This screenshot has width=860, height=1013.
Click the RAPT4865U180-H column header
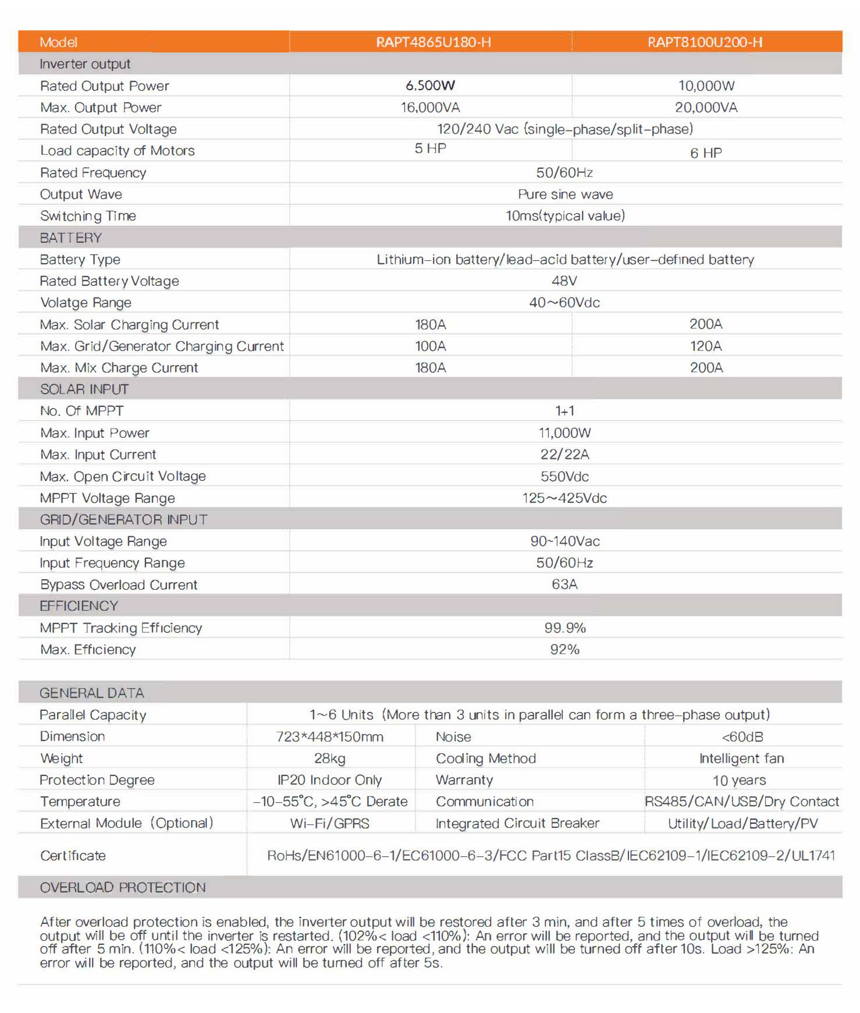click(x=433, y=42)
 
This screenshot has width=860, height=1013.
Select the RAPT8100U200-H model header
click(x=705, y=42)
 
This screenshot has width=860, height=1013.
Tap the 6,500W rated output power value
click(x=430, y=86)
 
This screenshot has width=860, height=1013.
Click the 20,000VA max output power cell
click(x=706, y=108)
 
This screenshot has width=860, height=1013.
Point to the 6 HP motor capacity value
click(x=706, y=153)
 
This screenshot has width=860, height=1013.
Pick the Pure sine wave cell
click(x=565, y=194)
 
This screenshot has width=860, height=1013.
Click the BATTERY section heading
click(x=71, y=238)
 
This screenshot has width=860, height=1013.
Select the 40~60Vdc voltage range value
click(x=564, y=303)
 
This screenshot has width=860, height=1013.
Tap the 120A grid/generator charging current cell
click(x=706, y=346)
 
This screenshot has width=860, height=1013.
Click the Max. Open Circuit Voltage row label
click(x=123, y=476)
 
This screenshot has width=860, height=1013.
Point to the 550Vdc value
click(x=564, y=476)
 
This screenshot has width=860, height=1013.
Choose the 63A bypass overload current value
click(x=564, y=585)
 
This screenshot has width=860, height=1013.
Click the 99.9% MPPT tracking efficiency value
click(x=564, y=628)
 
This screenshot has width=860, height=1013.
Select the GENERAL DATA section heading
click(x=92, y=693)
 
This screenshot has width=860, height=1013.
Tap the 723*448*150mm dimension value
click(x=330, y=737)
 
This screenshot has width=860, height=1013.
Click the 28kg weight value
click(x=330, y=759)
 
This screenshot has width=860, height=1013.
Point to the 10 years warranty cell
click(x=739, y=780)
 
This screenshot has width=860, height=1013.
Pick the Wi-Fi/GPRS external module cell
click(x=330, y=823)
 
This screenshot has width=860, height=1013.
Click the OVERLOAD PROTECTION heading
click(x=123, y=887)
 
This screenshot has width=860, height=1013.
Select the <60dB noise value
click(x=742, y=737)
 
